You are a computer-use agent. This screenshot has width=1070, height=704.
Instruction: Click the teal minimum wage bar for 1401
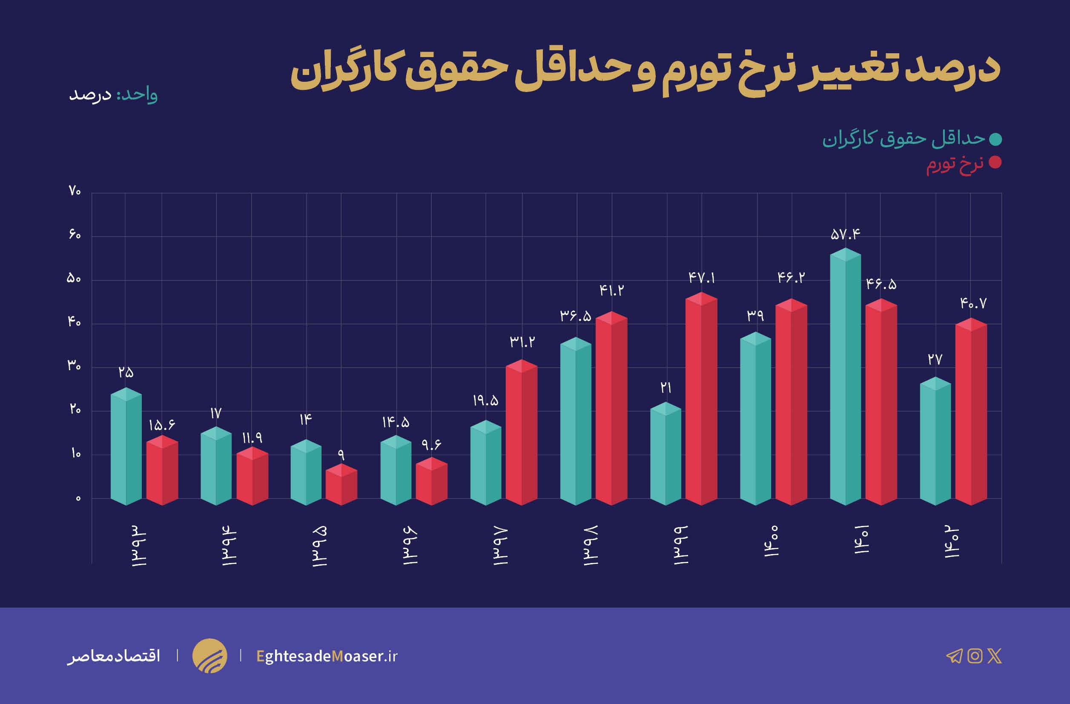845,378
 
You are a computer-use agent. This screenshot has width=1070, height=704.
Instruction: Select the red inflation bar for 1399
701,400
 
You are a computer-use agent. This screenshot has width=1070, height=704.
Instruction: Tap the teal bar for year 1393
126,447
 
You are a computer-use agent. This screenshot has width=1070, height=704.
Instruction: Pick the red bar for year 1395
341,486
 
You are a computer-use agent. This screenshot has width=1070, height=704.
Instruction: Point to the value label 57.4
845,234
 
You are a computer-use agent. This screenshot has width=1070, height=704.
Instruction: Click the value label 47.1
701,278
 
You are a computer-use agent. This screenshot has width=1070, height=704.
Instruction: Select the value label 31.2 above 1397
522,342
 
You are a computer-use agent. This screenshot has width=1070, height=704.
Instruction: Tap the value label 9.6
431,445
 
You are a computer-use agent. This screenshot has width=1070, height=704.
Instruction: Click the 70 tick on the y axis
75,192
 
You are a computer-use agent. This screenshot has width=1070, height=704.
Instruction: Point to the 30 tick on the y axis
74,366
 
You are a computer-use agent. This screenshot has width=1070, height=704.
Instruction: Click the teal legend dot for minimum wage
995,139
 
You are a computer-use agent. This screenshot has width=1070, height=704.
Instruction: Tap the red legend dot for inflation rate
995,163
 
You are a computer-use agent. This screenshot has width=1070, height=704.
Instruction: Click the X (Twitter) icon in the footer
995,656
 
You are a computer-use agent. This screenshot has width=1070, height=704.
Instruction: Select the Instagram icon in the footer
975,656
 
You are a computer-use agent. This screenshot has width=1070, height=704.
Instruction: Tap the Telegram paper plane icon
954,656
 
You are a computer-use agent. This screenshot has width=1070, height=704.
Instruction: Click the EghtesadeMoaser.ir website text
327,656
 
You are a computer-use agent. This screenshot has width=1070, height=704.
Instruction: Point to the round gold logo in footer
209,656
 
